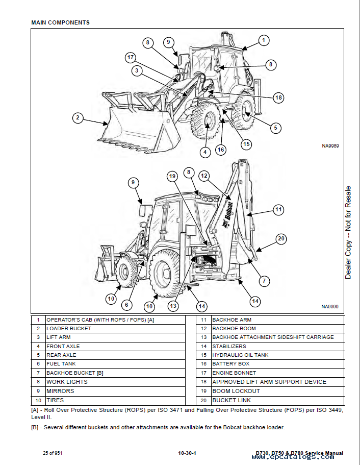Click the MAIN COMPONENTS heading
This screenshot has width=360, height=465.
coord(60,22)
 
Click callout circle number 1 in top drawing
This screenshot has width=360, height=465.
coord(263,40)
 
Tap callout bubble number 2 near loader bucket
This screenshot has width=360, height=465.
coord(78,118)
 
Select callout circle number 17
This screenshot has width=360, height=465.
coord(131,58)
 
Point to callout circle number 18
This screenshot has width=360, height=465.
coord(278,97)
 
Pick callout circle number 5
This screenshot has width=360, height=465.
coord(275,128)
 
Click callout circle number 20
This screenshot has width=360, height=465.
coord(281,238)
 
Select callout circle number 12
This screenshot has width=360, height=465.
coord(204,176)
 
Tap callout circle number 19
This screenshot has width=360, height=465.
coord(172,176)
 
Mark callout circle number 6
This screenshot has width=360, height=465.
coord(127,305)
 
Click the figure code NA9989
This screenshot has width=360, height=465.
coord(330,145)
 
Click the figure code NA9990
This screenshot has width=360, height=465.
coord(330,307)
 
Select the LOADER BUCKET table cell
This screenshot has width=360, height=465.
coord(69,328)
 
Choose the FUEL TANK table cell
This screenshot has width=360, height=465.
coord(61,364)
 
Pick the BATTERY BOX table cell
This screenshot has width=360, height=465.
coord(231,364)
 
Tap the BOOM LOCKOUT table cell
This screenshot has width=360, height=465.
coord(236,391)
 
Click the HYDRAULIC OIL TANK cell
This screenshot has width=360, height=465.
coord(240,355)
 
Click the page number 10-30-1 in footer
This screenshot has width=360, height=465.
coord(188,453)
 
